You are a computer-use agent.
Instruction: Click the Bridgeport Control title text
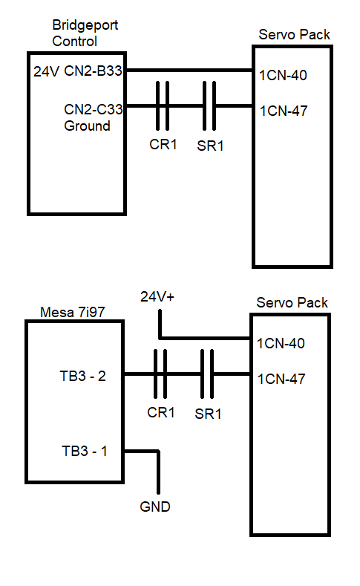click(85, 33)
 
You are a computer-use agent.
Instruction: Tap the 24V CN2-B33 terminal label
click(78, 71)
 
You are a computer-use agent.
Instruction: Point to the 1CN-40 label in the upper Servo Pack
click(283, 76)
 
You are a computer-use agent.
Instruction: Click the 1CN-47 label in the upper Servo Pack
click(283, 111)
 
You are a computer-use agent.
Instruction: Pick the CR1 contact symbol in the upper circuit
click(163, 105)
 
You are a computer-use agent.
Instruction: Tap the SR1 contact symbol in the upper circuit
click(209, 105)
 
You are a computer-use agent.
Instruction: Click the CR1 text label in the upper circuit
click(163, 144)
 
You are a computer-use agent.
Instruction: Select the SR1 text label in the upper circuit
click(210, 146)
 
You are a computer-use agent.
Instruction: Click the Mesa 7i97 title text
click(73, 312)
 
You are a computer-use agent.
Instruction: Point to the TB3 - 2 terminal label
click(83, 376)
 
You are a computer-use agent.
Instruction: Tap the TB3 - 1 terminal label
click(85, 451)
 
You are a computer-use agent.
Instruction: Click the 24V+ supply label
click(157, 297)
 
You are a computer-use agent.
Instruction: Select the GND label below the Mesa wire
click(155, 507)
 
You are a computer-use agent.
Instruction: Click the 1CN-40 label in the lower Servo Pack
click(281, 343)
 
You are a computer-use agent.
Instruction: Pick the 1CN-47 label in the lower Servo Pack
click(281, 379)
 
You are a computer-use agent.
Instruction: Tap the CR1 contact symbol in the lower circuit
click(160, 374)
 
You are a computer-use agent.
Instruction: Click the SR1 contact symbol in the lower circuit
click(207, 374)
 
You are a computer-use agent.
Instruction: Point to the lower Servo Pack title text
click(292, 302)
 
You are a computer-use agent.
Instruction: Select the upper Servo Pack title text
click(294, 34)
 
